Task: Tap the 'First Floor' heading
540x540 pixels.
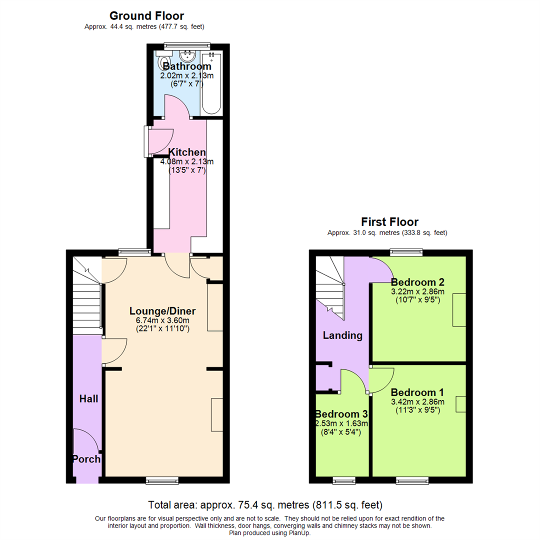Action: click(389, 222)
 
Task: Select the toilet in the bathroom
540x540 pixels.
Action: click(163, 64)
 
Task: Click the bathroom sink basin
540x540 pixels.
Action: click(188, 54)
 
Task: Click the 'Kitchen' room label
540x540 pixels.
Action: click(186, 152)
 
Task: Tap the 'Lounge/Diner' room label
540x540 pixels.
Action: click(162, 310)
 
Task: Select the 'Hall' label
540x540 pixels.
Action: click(89, 398)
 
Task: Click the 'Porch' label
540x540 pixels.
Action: click(86, 459)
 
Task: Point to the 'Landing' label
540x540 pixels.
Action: click(342, 335)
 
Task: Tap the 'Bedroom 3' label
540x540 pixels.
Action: click(341, 414)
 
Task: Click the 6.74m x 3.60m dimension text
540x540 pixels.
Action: click(162, 320)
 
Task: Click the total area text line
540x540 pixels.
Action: click(265, 504)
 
